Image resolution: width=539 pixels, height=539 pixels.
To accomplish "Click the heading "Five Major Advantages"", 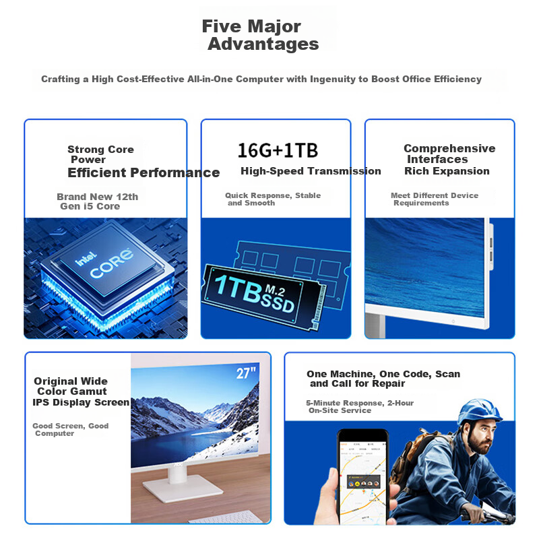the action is [x=260, y=35].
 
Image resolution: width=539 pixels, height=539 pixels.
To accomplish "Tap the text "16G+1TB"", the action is [x=278, y=150].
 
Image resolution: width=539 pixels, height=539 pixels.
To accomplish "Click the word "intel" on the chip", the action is [x=86, y=259].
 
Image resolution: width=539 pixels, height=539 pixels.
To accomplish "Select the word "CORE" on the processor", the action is [x=111, y=263].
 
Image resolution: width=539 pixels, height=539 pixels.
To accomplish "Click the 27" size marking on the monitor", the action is [x=246, y=373].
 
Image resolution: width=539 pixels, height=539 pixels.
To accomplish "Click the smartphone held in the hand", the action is [x=363, y=476].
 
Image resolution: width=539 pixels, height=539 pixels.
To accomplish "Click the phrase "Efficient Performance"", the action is [x=144, y=172].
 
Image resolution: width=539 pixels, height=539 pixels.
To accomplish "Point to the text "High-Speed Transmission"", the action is [x=311, y=171].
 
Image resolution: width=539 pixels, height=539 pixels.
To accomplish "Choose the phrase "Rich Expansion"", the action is [x=447, y=171].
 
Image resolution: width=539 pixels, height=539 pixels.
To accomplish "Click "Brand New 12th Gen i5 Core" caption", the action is [x=97, y=201].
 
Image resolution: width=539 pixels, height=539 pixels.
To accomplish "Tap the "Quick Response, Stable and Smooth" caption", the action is [x=273, y=199].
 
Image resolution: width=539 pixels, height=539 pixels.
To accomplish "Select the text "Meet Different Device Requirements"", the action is [x=435, y=199].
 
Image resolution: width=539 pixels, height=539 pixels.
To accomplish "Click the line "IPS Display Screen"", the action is [x=81, y=402].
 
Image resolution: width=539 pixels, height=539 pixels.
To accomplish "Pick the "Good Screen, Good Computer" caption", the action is [x=71, y=429].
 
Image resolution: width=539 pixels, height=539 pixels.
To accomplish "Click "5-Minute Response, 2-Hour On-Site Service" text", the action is [x=360, y=406].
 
